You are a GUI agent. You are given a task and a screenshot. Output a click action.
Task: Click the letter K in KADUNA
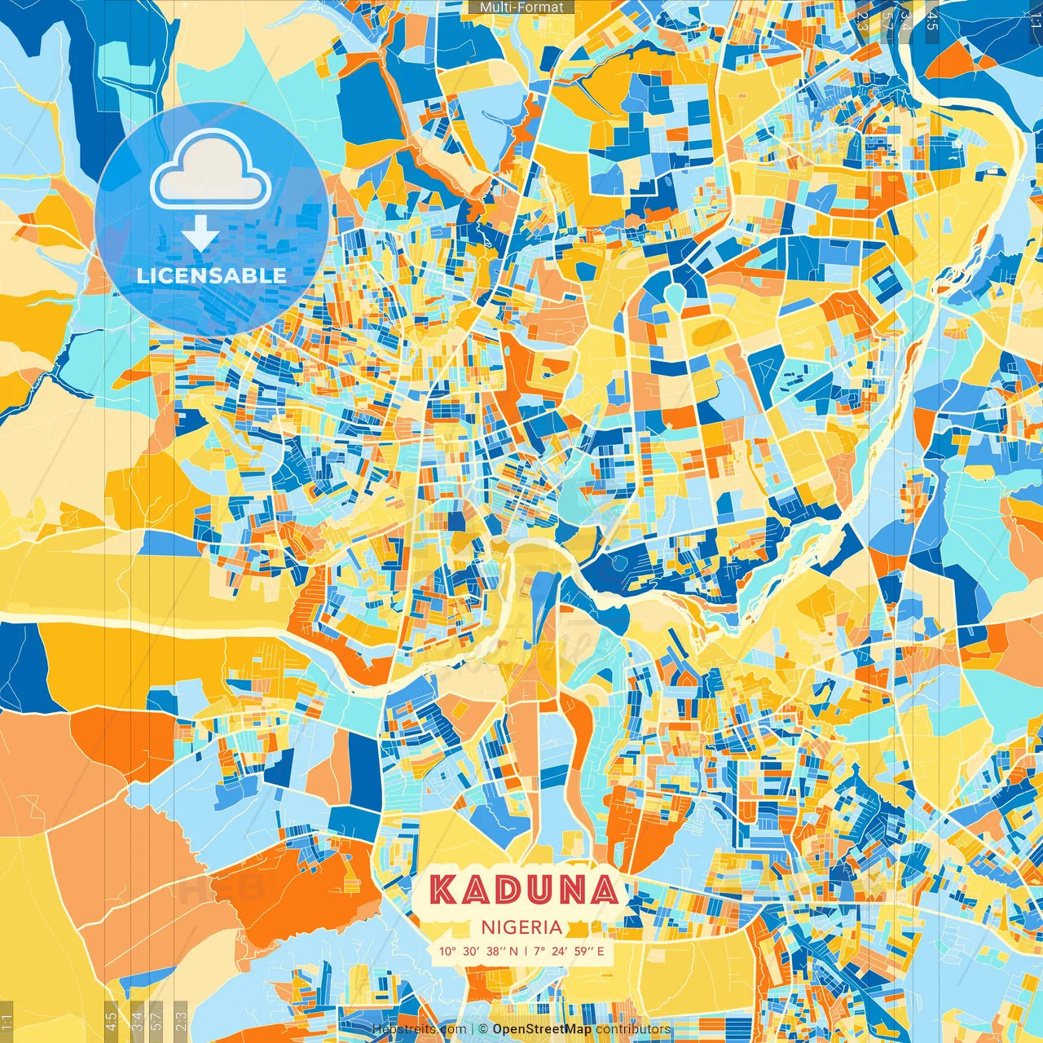pos(443,890)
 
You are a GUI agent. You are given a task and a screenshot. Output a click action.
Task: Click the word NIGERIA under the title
pos(521,927)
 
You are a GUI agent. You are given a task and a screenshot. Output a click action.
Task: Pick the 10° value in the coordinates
pos(447,951)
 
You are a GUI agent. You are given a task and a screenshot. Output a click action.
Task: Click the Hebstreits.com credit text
pos(419,1029)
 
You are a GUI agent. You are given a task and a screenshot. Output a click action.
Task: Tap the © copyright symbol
pos(483,1029)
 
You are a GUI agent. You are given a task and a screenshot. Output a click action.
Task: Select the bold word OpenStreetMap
pos(542,1029)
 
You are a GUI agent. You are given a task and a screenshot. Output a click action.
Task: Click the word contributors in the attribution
pos(633,1029)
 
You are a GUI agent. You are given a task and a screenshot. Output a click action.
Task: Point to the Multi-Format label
pos(521,7)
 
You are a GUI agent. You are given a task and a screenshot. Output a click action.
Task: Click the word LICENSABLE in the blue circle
pos(212,275)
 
